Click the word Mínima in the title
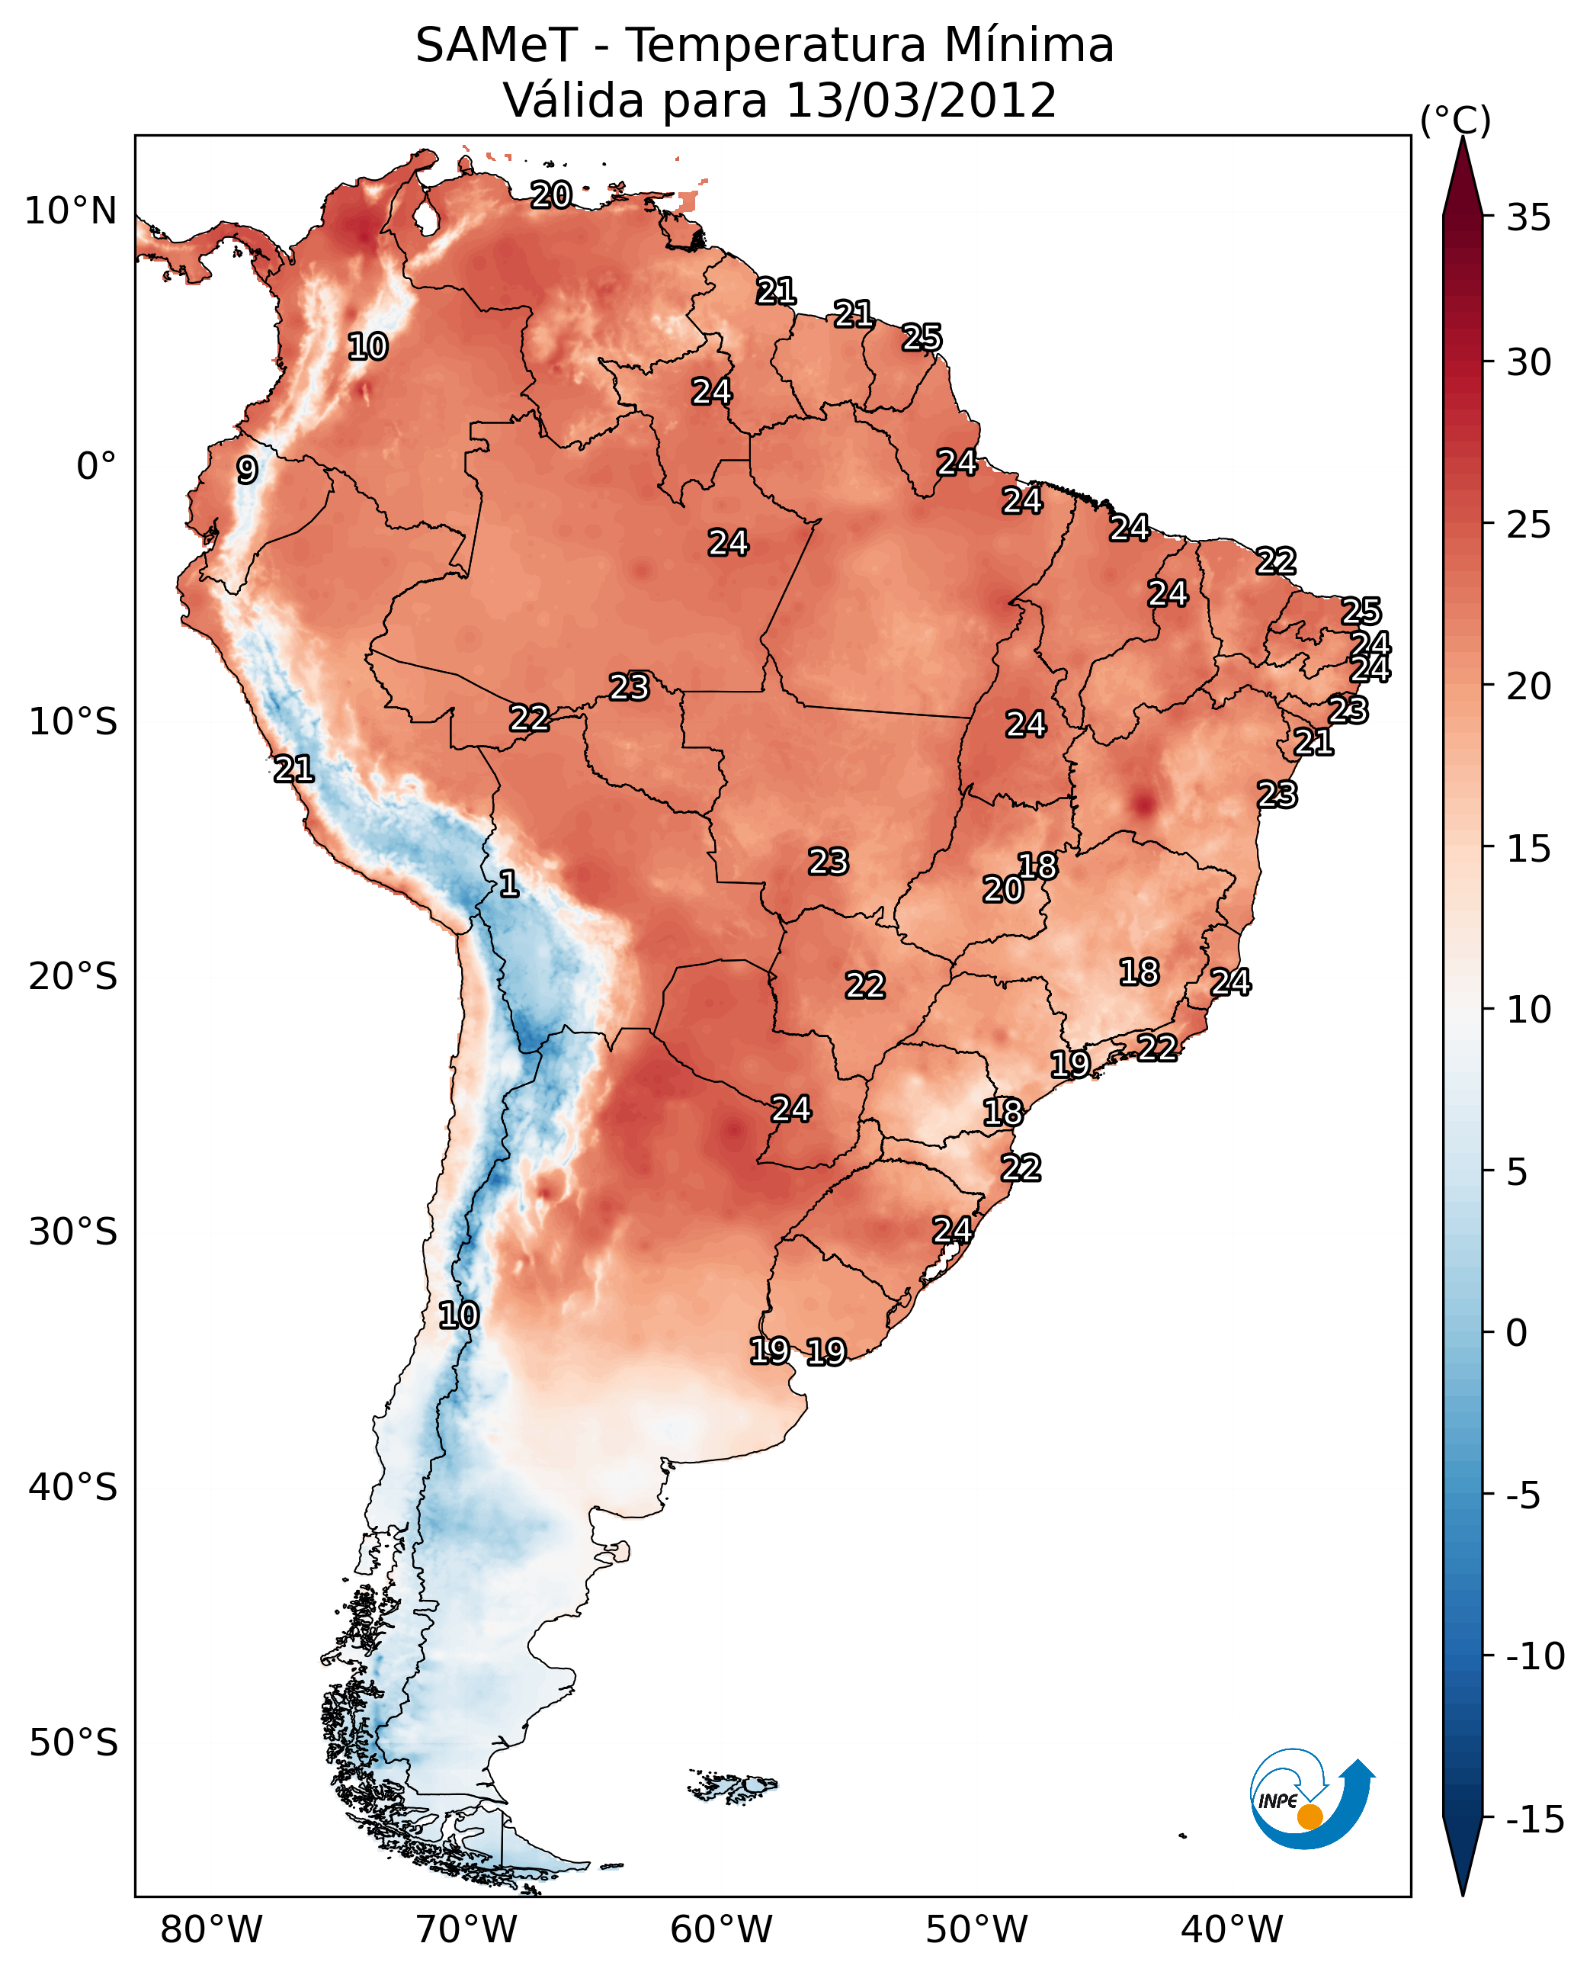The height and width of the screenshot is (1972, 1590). point(1027,46)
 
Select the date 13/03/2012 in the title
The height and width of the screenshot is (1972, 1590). point(921,101)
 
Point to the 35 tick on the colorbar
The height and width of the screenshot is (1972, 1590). point(1528,218)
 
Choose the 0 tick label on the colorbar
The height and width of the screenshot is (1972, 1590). point(1517,1333)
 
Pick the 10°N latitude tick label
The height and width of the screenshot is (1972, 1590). point(71,212)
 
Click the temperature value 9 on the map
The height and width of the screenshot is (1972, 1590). point(246,470)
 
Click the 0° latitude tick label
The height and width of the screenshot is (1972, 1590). point(96,467)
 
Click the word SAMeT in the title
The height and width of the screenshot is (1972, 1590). point(496,46)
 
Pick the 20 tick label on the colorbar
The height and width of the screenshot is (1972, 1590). point(1528,686)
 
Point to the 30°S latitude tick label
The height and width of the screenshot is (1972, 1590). point(73,1232)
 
